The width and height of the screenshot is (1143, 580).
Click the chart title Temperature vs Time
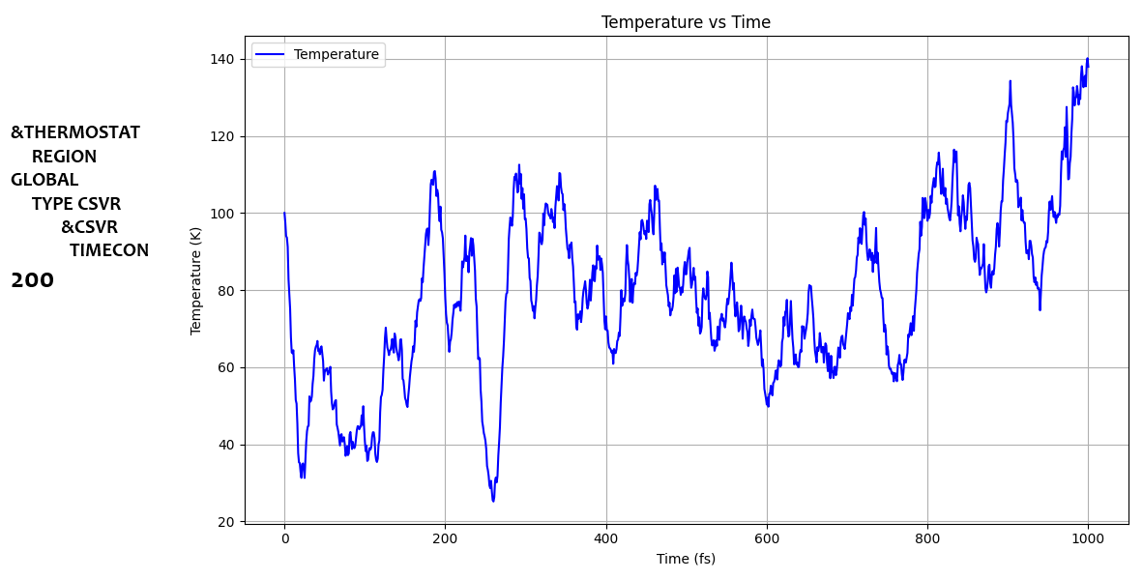686,22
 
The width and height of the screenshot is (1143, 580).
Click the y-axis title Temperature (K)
196,280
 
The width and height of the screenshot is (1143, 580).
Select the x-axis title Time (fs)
686,559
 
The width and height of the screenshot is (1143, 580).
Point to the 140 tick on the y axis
222,59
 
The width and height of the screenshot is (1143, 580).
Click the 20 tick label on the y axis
226,522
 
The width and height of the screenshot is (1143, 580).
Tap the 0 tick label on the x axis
284,539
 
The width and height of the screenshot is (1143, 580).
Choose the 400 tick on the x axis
606,539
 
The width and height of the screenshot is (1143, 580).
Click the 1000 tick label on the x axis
1088,539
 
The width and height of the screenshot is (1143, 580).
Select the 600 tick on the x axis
767,539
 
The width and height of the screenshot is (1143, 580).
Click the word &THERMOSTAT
75,132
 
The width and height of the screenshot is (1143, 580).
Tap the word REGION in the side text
64,157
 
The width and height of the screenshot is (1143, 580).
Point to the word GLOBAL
44,180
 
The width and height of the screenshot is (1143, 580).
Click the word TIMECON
109,250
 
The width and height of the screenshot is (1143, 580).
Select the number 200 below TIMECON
32,280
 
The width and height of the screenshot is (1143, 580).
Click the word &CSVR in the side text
89,227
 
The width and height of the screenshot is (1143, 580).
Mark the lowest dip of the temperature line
493,500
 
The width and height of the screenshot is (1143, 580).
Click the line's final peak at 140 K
1087,59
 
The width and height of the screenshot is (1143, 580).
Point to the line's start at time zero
284,213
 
